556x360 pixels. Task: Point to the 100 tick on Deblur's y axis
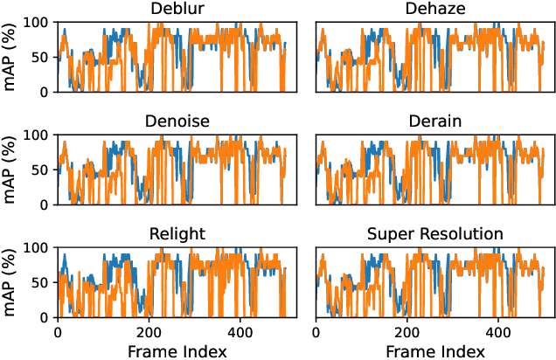38,21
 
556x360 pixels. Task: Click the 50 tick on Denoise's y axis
42,170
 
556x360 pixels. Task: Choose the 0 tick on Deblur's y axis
45,91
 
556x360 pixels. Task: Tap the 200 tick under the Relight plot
149,333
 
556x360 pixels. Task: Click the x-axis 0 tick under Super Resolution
316,333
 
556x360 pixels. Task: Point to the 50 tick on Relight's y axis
42,282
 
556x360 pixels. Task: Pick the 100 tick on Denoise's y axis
38,135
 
